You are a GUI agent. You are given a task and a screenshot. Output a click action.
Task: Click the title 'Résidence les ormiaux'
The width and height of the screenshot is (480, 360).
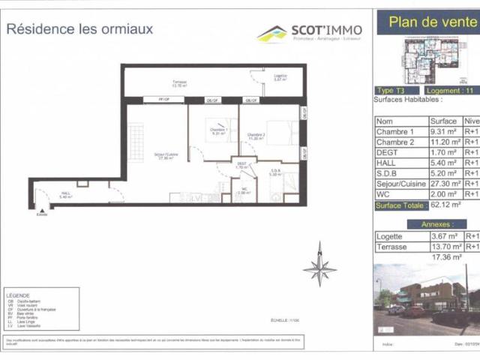(x=79, y=29)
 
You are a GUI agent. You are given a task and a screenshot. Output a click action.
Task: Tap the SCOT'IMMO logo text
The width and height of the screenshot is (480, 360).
(x=326, y=30)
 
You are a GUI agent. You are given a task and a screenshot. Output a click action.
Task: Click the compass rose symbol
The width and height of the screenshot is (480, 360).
(x=320, y=265)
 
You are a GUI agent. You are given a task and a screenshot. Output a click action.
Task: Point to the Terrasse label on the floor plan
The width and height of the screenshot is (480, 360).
(x=178, y=83)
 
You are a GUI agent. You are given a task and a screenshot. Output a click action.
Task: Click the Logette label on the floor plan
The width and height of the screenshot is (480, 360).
(x=280, y=76)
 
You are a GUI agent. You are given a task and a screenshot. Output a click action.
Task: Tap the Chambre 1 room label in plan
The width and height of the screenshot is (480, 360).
(x=219, y=131)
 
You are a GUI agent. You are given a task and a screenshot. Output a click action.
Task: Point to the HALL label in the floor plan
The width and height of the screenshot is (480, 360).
(x=67, y=195)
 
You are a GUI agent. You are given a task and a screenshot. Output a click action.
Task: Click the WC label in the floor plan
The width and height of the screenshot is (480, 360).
(x=244, y=190)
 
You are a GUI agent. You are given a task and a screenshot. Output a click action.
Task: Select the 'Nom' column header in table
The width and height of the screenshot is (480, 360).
(x=384, y=121)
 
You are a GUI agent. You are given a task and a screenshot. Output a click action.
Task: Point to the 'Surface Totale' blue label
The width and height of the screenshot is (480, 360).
(x=400, y=204)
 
